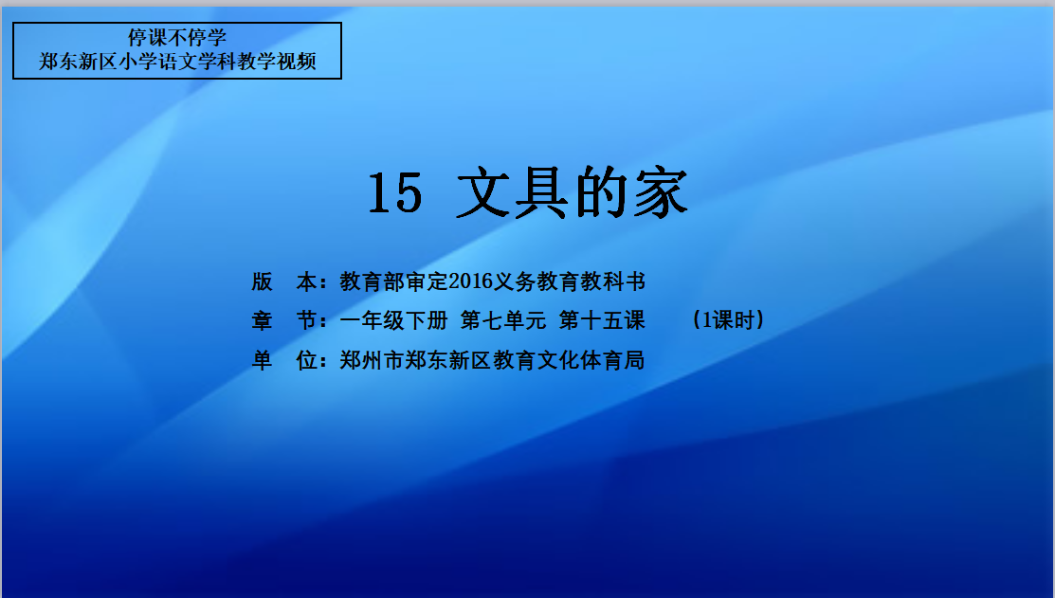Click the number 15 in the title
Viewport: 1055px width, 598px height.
[395, 193]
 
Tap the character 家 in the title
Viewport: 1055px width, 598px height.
[661, 193]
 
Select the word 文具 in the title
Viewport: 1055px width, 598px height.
[513, 193]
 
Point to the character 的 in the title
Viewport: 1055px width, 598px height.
[601, 193]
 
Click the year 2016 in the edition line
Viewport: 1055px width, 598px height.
[470, 281]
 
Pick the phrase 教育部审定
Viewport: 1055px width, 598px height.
[393, 281]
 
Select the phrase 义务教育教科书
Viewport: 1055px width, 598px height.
[570, 281]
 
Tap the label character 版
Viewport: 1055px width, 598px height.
[262, 281]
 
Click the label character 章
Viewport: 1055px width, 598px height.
[262, 320]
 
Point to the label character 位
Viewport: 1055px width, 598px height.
[307, 360]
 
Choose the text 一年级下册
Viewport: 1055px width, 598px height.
[393, 320]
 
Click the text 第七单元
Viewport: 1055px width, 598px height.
[503, 320]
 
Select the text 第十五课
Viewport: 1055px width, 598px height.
[602, 320]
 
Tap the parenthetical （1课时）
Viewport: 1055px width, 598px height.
[729, 320]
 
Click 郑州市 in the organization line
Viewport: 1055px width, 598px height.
[372, 360]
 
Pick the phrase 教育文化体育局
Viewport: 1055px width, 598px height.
[570, 360]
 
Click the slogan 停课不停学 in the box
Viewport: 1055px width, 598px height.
[177, 37]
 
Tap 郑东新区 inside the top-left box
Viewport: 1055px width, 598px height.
[78, 62]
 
